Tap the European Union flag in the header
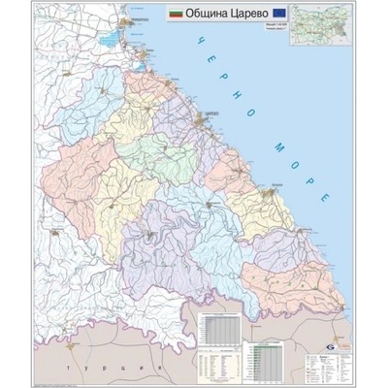[x=279, y=15]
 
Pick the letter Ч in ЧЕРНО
[x=195, y=40]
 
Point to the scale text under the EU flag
[x=279, y=28]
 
